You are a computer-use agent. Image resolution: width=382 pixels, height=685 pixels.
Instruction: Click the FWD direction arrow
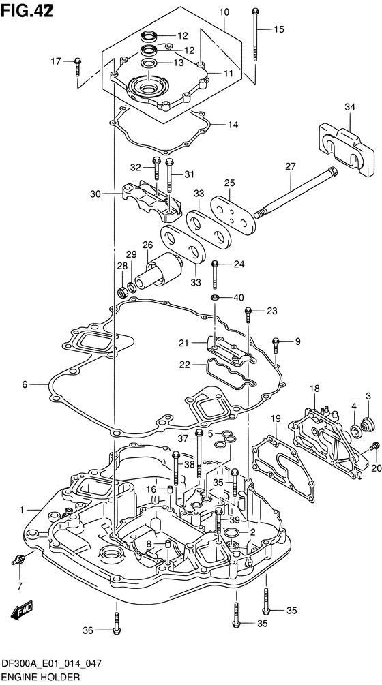pos(20,609)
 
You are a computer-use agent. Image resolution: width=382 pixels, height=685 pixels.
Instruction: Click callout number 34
pos(350,107)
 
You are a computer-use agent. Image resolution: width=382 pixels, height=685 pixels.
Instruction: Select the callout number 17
pos(57,61)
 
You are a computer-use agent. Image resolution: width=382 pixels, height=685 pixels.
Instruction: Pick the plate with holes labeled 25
pos(233,213)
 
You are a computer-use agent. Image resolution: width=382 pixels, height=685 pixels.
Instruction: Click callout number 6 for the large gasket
pos(25,384)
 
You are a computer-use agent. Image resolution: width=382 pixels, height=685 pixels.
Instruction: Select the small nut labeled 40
pos(215,297)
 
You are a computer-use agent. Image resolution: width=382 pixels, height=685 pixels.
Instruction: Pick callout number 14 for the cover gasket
pos(233,125)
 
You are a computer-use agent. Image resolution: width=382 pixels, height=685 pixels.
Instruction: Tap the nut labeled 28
pos(123,290)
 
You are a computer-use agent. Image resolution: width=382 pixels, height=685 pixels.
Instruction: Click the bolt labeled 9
pos(276,346)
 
